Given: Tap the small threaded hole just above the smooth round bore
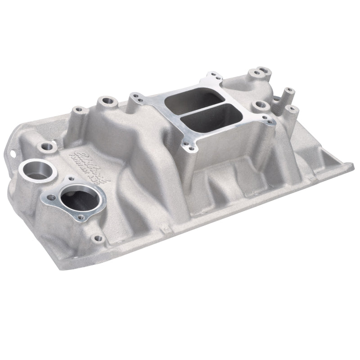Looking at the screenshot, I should coord(46,146).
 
